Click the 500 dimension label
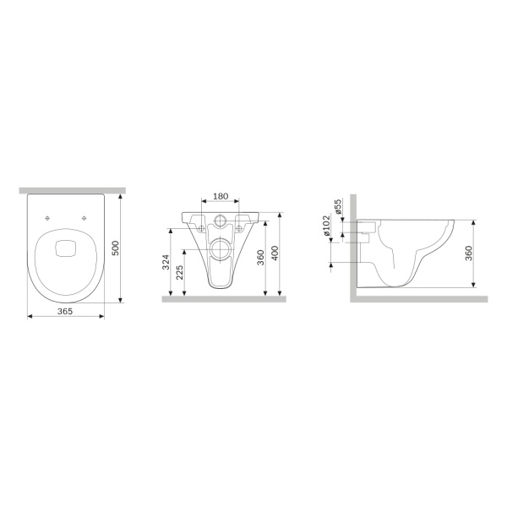pyautogui.click(x=116, y=248)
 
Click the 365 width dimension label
pyautogui.click(x=65, y=311)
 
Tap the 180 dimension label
pyautogui.click(x=221, y=196)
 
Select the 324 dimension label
pyautogui.click(x=166, y=262)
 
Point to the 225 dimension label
pyautogui.click(x=180, y=273)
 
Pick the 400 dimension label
pyautogui.click(x=275, y=253)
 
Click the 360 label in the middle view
pyautogui.click(x=260, y=258)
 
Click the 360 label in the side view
pyautogui.click(x=468, y=253)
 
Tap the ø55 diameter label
pyautogui.click(x=338, y=206)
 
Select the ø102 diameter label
pyautogui.click(x=326, y=226)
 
